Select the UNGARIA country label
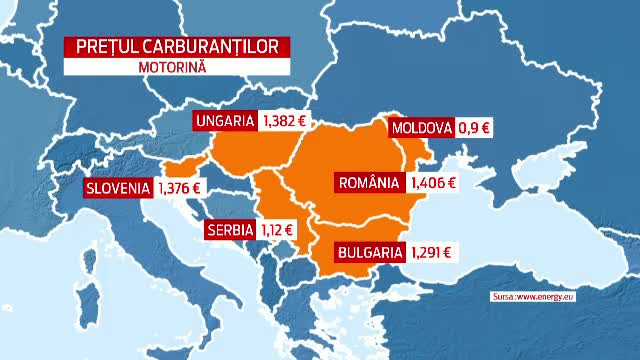point(225,121)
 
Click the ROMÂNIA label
point(369,183)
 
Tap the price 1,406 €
point(433,183)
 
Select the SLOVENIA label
point(118,188)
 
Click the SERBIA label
point(231,229)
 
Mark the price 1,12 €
point(279,229)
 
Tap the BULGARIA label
point(369,253)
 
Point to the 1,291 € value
point(431,253)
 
